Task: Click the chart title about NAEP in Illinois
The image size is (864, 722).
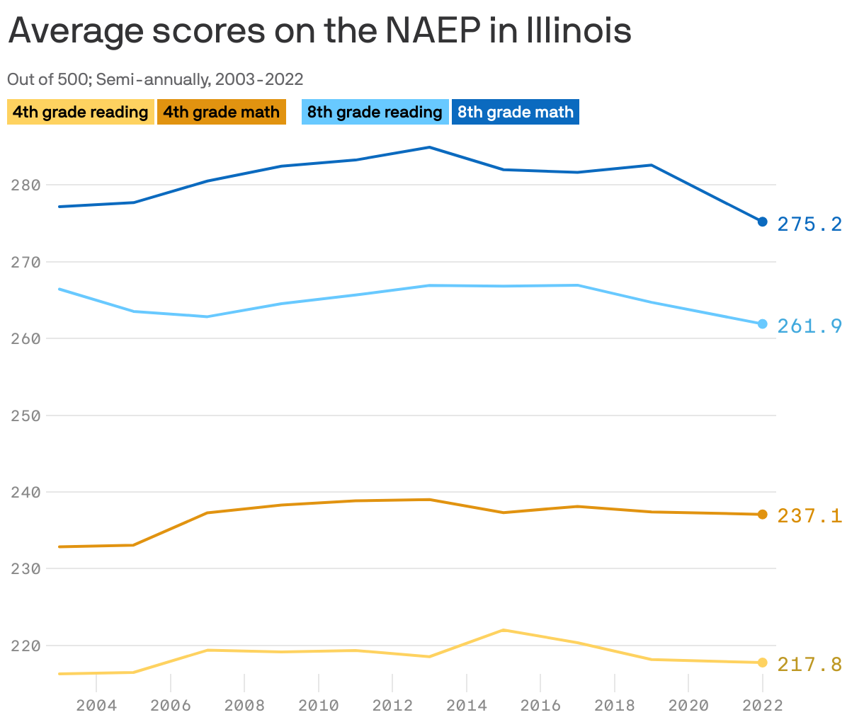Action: [319, 31]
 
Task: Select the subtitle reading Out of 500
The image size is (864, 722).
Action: [155, 79]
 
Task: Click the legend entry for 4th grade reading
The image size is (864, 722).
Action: [80, 112]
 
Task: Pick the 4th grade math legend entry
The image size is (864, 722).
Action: [221, 112]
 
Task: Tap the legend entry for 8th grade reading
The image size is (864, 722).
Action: [375, 112]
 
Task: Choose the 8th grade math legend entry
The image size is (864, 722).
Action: [515, 112]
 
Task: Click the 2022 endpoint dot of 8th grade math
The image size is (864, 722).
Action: [762, 222]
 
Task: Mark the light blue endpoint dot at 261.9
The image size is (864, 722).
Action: [762, 324]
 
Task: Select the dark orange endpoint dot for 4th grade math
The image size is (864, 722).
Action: [762, 515]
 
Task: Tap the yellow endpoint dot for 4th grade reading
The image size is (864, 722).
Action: [762, 663]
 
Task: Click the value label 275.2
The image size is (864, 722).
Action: [809, 224]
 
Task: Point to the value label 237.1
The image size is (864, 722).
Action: [809, 516]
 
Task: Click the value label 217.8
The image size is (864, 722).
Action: [809, 665]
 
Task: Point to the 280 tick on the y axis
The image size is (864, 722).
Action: [25, 185]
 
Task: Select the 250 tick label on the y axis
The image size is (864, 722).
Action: [25, 416]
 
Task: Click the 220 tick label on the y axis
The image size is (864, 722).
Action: [25, 646]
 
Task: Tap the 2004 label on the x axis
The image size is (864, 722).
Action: [96, 705]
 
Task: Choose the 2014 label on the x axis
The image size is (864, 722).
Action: [466, 705]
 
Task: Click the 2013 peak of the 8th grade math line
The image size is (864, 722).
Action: [429, 147]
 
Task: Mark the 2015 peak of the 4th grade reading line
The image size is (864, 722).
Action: [503, 630]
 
